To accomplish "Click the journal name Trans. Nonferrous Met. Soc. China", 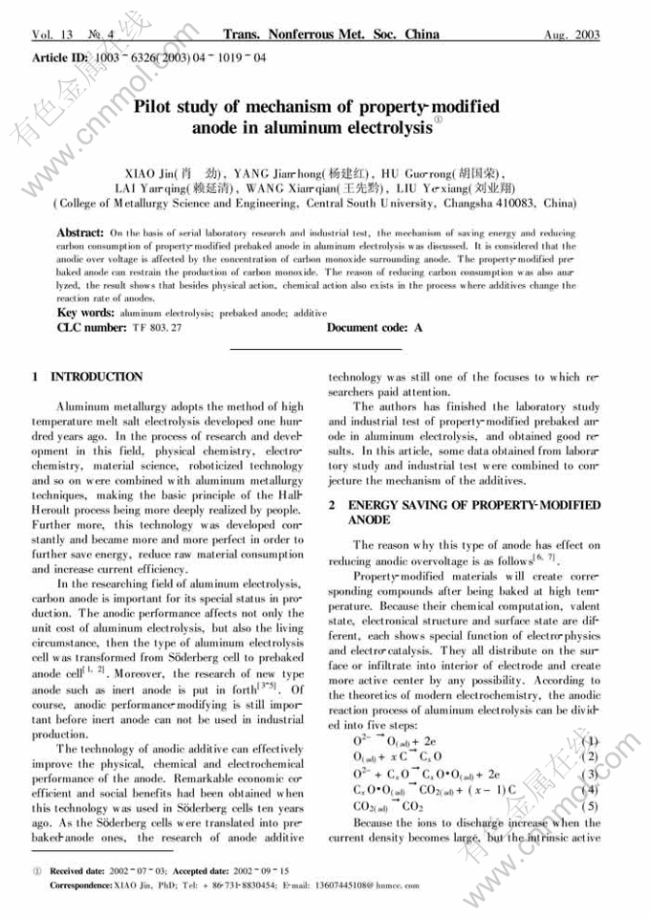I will tap(331, 35).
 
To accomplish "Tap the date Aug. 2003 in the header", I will tap(572, 35).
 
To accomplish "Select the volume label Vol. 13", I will tap(53, 35).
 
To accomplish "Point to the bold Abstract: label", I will tap(80, 233).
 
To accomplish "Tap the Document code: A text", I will tap(375, 328).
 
